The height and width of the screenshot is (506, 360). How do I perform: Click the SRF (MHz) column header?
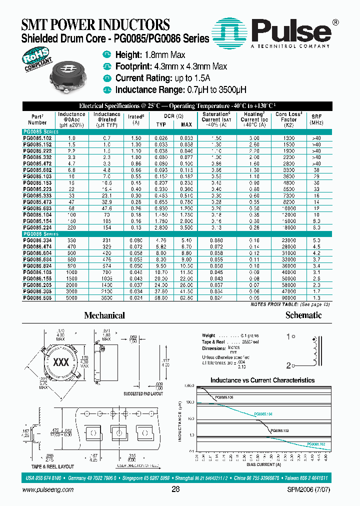[316, 119]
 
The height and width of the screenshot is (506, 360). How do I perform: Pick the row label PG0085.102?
[37, 137]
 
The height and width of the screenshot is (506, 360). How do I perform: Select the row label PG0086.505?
[37, 298]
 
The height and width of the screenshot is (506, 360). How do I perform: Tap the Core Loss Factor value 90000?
[289, 298]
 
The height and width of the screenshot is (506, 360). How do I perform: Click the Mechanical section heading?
[104, 315]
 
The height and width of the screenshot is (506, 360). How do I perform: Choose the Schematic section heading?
[303, 315]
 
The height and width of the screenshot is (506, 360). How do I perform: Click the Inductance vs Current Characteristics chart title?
[262, 380]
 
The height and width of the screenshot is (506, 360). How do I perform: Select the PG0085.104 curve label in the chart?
[263, 414]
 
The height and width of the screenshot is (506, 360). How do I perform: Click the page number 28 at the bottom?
[175, 489]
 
